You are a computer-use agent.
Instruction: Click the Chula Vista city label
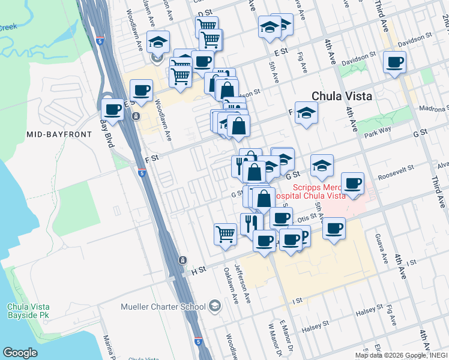[x=342, y=96]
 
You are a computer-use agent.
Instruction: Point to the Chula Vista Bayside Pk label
[x=28, y=311]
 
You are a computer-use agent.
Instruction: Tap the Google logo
[x=20, y=353]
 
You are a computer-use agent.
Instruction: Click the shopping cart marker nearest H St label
[x=225, y=233]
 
